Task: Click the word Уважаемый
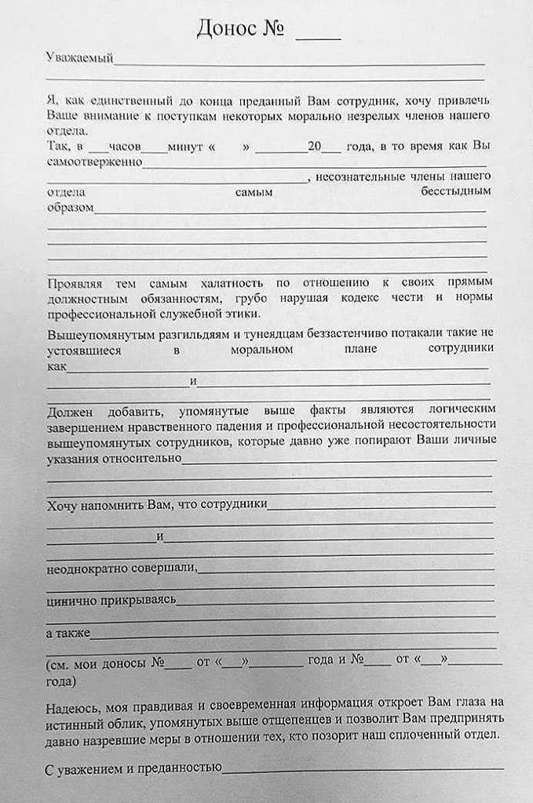click(x=80, y=57)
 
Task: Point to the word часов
click(x=126, y=147)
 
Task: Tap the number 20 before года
click(x=315, y=147)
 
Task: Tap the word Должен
click(x=71, y=410)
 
